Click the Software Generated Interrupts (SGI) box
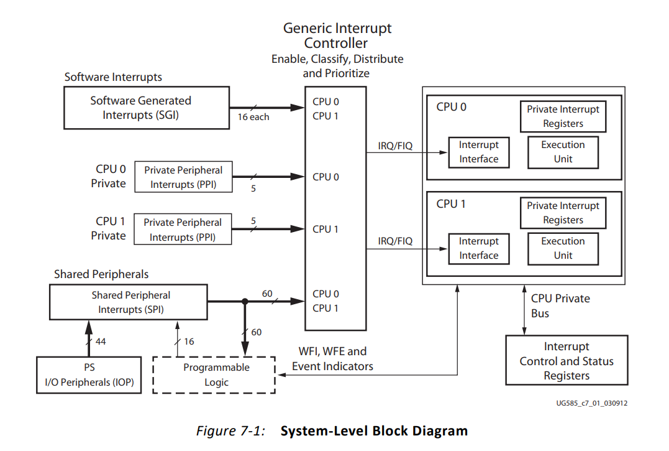(147, 108)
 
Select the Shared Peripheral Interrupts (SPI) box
(129, 302)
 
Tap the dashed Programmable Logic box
(214, 375)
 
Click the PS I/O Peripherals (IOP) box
(89, 375)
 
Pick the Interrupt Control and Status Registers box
(567, 360)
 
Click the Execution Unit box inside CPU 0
(563, 152)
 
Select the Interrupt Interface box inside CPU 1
(479, 249)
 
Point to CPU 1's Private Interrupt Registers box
(563, 213)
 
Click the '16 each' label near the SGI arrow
(253, 117)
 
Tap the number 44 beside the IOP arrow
(101, 342)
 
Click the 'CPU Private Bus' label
(561, 306)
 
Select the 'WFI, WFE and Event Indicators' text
(332, 359)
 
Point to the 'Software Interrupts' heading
(113, 77)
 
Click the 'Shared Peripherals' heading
(101, 274)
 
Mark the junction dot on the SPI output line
(245, 302)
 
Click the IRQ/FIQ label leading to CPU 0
(395, 146)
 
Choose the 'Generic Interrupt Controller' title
(337, 35)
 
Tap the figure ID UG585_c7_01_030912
(592, 403)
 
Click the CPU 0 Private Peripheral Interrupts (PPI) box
(183, 177)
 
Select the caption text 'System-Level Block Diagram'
(374, 431)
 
